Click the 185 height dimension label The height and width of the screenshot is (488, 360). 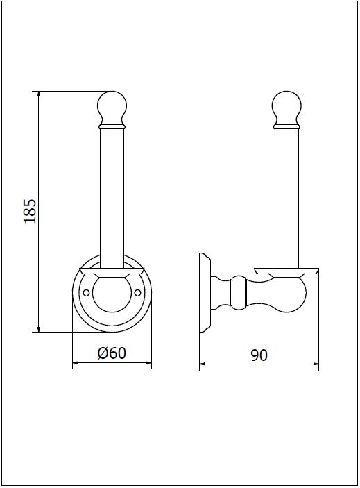(x=30, y=211)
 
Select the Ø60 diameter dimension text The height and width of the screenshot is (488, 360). (x=112, y=353)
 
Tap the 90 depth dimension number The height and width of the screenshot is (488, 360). (x=259, y=355)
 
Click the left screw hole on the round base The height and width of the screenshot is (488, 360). (x=87, y=292)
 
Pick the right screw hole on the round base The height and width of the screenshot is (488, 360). (x=138, y=292)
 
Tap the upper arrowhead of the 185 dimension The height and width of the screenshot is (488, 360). (x=39, y=94)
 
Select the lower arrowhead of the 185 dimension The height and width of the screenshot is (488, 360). (x=39, y=328)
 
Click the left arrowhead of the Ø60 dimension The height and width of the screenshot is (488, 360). (x=76, y=362)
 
